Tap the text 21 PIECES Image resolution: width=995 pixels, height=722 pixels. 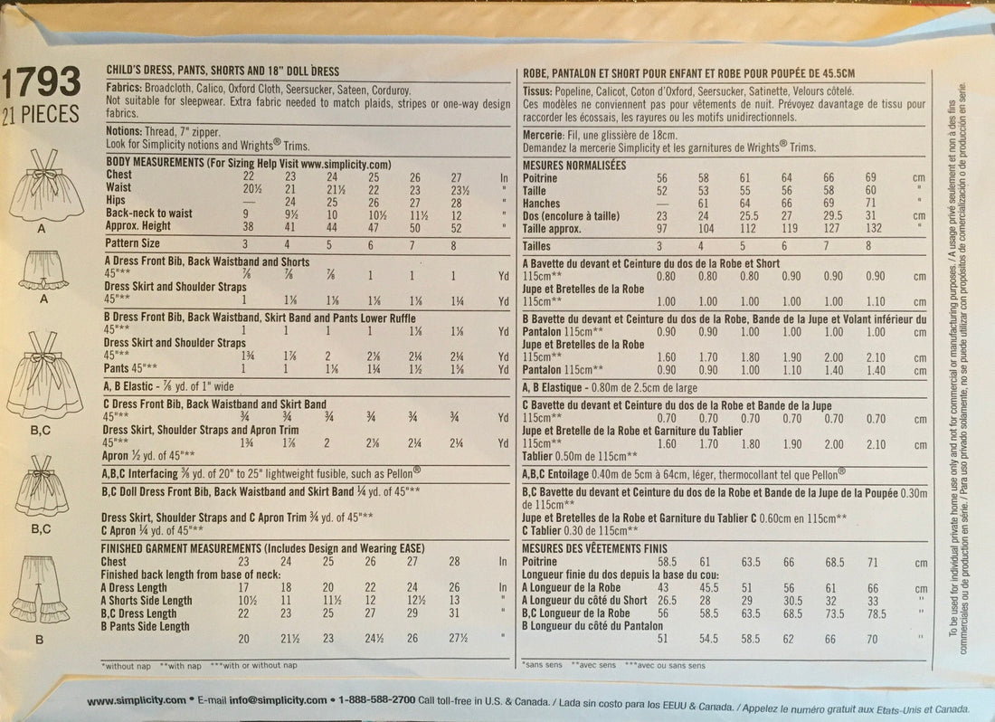42,114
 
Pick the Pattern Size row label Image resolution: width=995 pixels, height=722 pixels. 132,244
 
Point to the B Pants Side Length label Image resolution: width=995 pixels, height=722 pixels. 147,625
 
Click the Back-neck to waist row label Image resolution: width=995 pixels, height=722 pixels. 146,212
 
